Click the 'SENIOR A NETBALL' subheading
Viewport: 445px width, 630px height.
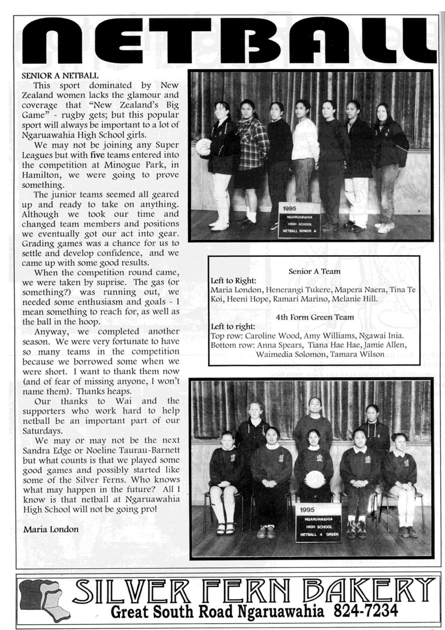click(60, 75)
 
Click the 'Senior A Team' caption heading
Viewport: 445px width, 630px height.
click(314, 271)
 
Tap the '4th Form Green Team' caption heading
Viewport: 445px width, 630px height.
click(315, 317)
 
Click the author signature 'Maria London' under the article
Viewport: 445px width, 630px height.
click(51, 529)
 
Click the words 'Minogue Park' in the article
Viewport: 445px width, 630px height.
click(130, 164)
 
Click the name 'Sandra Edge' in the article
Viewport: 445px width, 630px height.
click(44, 450)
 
